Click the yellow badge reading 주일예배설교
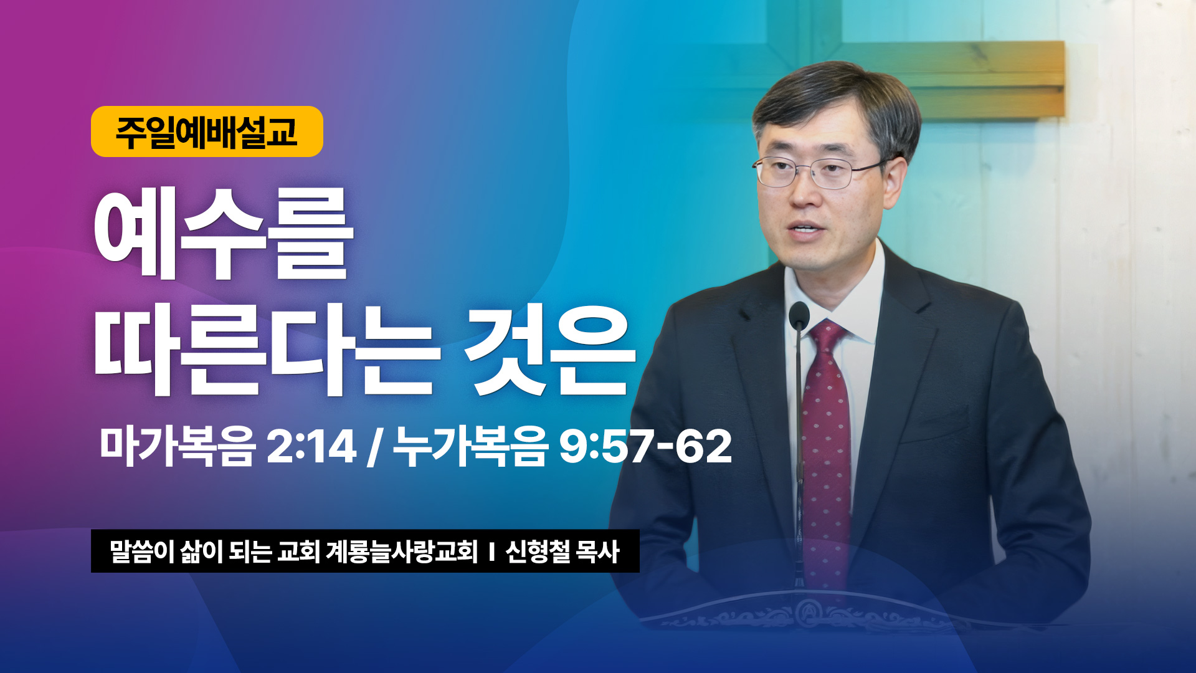click(207, 131)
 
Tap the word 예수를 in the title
click(224, 233)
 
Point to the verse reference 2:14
click(311, 446)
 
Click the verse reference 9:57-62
click(645, 446)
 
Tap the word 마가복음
click(178, 446)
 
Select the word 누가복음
click(470, 446)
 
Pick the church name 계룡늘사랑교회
click(402, 551)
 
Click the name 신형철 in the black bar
click(538, 551)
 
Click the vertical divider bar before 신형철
click(491, 552)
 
